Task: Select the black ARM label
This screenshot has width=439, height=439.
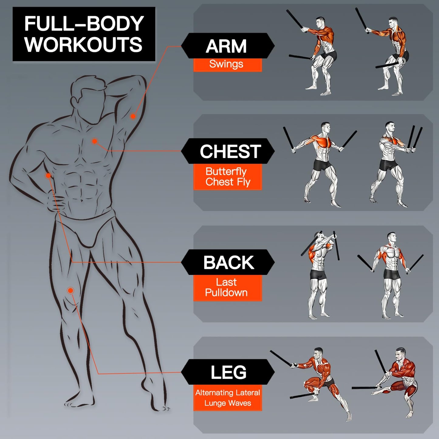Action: point(228,46)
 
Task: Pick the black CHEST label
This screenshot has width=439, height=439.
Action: point(228,151)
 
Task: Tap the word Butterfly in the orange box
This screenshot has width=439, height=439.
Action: point(226,172)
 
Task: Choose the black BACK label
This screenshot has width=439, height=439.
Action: point(228,262)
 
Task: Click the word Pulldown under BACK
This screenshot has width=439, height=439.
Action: point(226,293)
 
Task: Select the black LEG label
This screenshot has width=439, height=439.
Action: point(228,372)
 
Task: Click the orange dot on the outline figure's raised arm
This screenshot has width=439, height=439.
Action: point(133,116)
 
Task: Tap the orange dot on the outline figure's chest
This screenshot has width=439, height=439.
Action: point(94,141)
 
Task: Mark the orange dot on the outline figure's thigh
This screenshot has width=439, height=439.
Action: point(70,290)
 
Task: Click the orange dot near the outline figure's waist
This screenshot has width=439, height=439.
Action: point(48,175)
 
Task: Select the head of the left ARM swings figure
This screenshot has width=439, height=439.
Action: point(320,22)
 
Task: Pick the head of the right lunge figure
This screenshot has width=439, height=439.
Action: point(400,353)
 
